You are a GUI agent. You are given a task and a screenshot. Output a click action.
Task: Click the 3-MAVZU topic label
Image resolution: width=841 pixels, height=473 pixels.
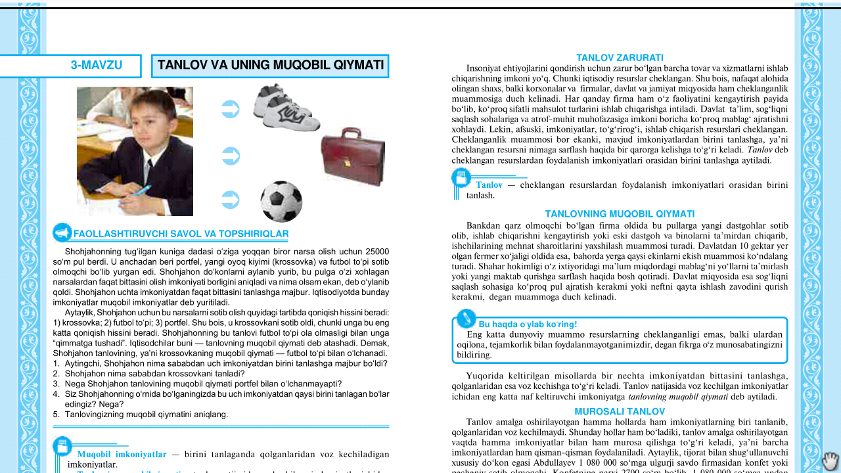tap(96, 66)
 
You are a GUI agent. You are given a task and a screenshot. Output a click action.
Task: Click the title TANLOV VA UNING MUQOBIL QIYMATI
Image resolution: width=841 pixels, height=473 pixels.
tap(270, 66)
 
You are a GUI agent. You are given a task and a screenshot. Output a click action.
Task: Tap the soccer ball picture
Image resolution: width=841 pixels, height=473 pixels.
tap(281, 202)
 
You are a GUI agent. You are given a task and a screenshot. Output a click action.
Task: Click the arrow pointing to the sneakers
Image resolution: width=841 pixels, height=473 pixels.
tap(231, 109)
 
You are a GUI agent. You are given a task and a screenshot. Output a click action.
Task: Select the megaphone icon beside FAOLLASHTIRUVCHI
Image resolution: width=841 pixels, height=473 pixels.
tap(62, 233)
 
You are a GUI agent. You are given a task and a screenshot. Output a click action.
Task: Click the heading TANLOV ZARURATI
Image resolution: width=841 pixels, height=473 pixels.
tap(620, 58)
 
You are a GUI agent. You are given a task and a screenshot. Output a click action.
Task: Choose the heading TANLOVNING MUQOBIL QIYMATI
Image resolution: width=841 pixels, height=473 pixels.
tap(620, 214)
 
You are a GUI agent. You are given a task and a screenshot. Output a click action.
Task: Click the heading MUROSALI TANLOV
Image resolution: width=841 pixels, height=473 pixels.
tap(620, 412)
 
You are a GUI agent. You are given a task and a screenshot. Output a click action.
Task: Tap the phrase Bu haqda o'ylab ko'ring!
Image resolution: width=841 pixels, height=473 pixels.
tap(528, 325)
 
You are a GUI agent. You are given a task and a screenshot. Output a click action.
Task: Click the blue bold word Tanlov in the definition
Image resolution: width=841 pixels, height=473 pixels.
tap(489, 185)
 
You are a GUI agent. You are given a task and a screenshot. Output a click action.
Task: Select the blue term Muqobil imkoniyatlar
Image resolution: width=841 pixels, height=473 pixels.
tap(122, 454)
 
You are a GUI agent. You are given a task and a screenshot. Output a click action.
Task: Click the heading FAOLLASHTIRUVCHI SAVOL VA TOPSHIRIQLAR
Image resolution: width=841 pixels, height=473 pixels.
tap(181, 234)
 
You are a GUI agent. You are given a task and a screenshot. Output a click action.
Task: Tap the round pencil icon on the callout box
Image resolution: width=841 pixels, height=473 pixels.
tap(466, 319)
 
